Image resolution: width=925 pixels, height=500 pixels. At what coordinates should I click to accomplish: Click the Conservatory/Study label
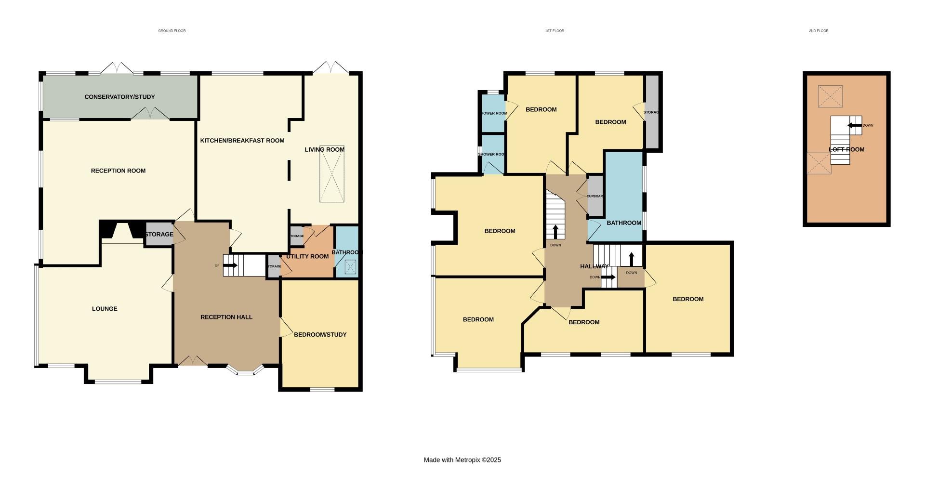(119, 97)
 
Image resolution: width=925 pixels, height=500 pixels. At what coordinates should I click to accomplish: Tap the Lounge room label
(105, 309)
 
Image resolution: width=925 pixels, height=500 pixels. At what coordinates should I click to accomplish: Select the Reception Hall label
(226, 317)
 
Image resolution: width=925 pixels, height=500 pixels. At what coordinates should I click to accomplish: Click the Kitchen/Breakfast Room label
(242, 141)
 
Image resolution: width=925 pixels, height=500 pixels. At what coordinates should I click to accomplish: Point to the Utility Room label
(307, 256)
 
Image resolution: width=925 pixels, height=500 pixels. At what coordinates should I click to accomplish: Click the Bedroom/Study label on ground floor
(320, 334)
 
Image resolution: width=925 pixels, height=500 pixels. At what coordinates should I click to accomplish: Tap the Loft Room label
(846, 149)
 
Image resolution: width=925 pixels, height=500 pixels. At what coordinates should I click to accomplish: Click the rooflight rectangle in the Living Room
(332, 174)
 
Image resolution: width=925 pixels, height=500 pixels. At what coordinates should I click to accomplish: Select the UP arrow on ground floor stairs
(231, 265)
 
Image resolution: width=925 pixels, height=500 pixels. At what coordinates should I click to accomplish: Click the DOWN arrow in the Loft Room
(854, 125)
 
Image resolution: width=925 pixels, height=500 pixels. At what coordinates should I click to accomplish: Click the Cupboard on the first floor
(595, 196)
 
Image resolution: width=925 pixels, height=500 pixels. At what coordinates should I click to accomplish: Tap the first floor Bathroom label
(623, 223)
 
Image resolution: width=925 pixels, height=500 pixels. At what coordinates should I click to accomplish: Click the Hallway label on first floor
(594, 266)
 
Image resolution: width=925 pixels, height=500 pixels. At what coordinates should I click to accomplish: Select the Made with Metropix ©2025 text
(462, 460)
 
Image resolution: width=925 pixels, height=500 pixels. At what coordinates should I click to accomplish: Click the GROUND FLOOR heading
(172, 30)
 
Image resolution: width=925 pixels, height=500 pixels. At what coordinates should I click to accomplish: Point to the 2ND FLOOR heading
(819, 30)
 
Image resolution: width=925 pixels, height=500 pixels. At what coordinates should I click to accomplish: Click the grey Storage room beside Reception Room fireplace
(159, 234)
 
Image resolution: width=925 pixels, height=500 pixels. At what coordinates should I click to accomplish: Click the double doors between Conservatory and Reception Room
(150, 114)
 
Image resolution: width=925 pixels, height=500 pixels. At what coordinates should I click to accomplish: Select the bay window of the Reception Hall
(246, 370)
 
